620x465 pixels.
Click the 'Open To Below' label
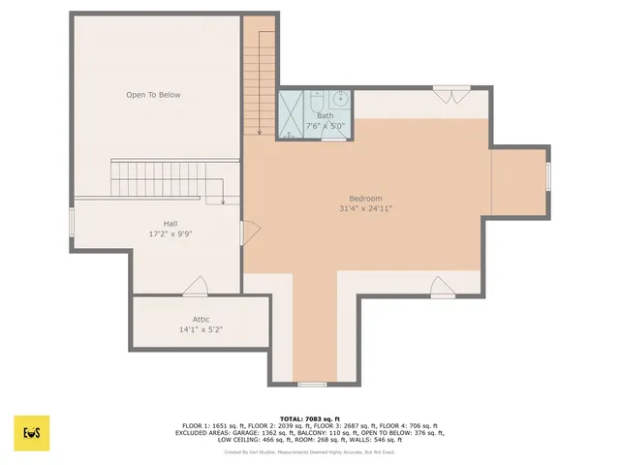tap(153, 95)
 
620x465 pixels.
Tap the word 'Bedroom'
tap(365, 199)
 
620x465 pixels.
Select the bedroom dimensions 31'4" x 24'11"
tap(365, 208)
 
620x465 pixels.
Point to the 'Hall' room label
tap(170, 224)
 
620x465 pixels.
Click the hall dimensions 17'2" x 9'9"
tap(170, 233)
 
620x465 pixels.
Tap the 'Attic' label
tap(201, 319)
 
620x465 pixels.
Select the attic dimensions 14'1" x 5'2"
tap(201, 329)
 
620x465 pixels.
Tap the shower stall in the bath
tap(291, 113)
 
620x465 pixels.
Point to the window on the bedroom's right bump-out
tap(548, 176)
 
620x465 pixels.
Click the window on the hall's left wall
tap(71, 221)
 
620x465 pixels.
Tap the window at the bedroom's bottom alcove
tap(311, 385)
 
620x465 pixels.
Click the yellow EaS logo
tap(31, 433)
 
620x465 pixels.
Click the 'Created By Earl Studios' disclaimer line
tap(310, 451)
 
